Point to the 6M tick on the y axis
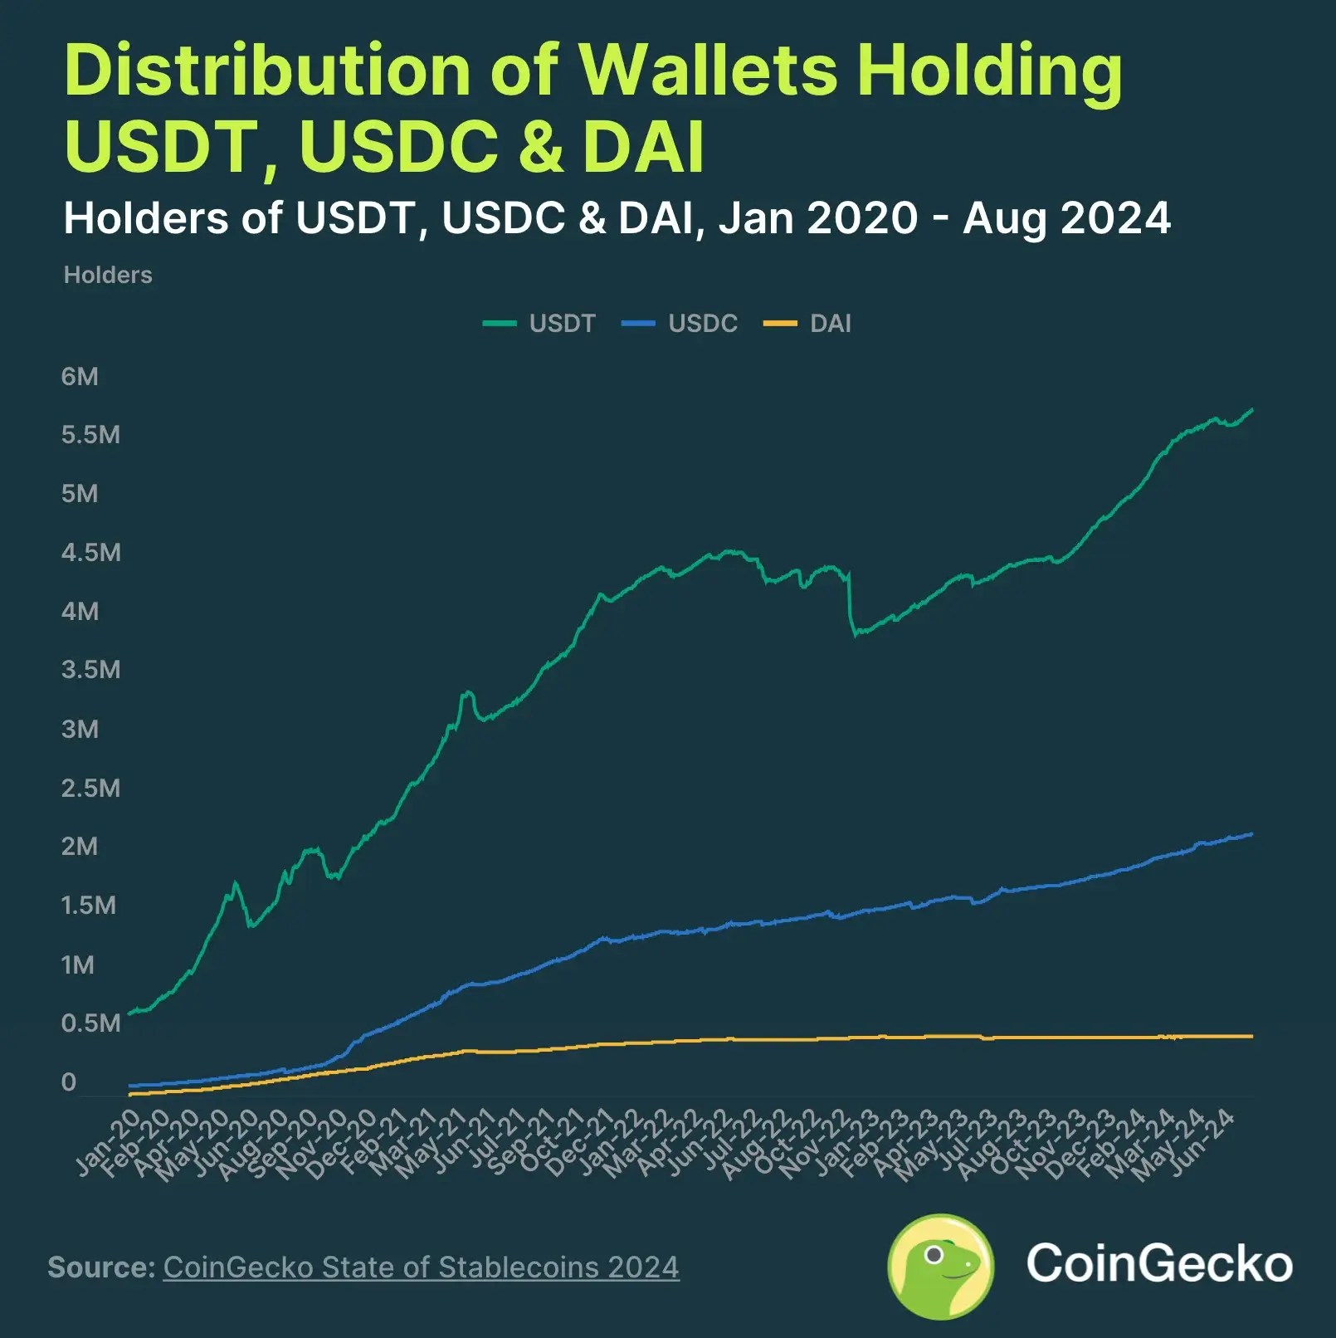80,377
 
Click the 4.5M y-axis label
91,553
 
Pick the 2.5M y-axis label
91,789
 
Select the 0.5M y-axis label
91,1023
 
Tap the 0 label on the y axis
69,1082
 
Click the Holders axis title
108,276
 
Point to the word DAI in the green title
643,148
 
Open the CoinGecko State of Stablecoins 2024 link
421,1267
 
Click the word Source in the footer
100,1267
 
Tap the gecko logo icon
940,1266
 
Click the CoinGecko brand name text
1158,1264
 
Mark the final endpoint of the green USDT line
1251,410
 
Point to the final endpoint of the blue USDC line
1251,834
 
